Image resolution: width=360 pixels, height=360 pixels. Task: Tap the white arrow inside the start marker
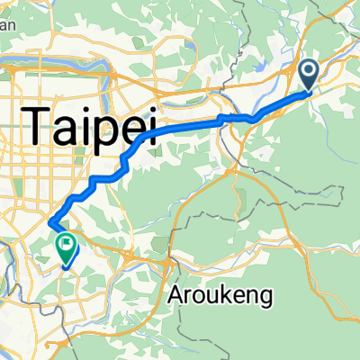point(309,70)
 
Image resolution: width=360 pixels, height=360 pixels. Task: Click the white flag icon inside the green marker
point(67,242)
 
